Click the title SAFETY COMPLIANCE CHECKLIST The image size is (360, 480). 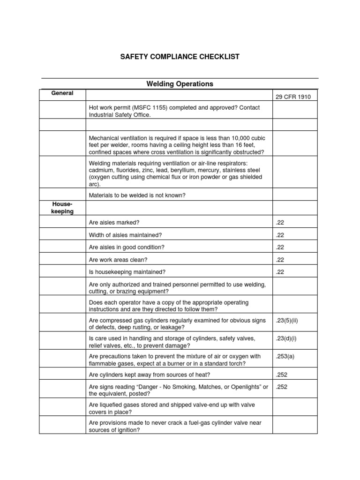click(180, 57)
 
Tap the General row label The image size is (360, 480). click(62, 93)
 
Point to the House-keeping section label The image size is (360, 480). click(62, 208)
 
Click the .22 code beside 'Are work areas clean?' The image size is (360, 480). click(280, 259)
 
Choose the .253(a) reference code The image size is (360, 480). click(285, 356)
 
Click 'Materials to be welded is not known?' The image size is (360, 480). click(137, 195)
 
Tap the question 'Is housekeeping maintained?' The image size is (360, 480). click(127, 271)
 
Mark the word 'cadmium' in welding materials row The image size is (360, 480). click(102, 170)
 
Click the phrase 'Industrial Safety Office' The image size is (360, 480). click(119, 115)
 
